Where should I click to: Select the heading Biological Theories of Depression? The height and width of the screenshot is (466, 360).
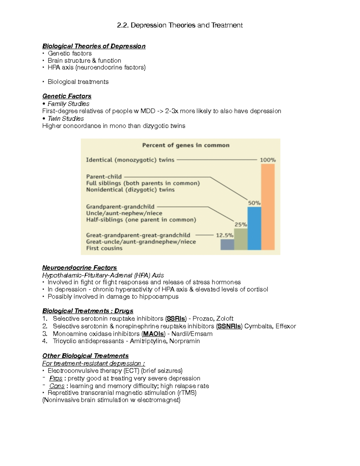(x=94, y=46)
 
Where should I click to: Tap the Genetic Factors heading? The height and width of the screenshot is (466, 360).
(x=67, y=96)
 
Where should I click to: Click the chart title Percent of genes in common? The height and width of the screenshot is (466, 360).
(x=186, y=145)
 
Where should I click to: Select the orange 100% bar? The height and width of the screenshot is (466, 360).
(x=268, y=207)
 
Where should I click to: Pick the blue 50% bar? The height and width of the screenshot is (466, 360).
(x=254, y=228)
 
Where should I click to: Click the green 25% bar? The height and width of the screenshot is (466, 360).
(x=241, y=239)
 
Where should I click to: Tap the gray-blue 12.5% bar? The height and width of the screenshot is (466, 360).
(x=227, y=245)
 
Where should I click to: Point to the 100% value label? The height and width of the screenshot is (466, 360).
(x=268, y=160)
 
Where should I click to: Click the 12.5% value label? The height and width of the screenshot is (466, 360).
(x=224, y=235)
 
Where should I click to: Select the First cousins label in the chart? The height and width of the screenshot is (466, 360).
(x=104, y=248)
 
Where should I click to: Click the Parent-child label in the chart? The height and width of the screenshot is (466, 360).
(x=104, y=177)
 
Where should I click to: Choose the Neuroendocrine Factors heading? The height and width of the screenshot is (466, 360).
(x=79, y=268)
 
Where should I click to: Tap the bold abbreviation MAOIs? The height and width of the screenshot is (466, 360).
(x=153, y=334)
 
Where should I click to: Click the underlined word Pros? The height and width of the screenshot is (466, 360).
(x=56, y=378)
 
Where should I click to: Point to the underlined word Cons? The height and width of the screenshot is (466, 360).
(x=57, y=386)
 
